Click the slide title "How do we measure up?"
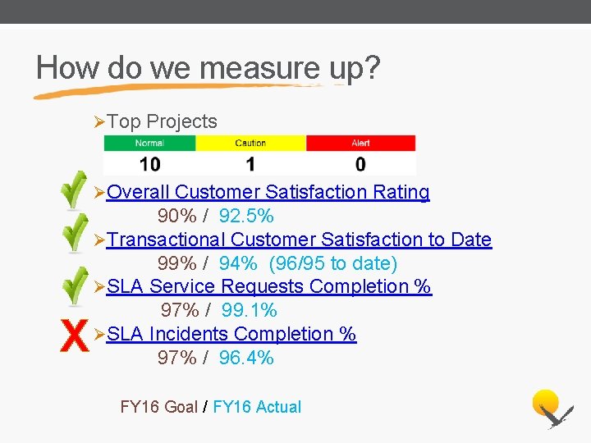click(208, 67)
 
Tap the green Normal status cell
click(149, 143)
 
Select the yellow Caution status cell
click(250, 143)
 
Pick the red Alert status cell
click(360, 143)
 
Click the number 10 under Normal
click(149, 164)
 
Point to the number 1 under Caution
click(250, 164)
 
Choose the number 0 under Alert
click(360, 164)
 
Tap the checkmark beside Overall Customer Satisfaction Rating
click(75, 190)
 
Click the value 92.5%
click(246, 217)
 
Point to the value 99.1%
click(250, 311)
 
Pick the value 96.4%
click(246, 359)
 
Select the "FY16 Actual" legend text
click(257, 407)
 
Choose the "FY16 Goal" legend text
click(158, 407)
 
